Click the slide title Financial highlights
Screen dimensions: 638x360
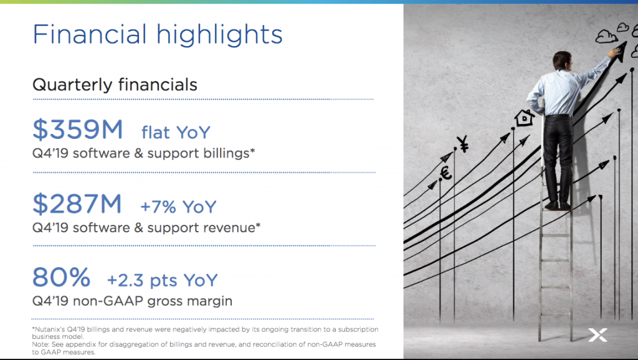[158, 35]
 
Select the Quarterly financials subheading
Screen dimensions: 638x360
[115, 85]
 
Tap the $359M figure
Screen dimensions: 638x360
[77, 130]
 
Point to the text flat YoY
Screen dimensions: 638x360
[176, 133]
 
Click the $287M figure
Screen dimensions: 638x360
[77, 204]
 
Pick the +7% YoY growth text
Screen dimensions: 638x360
[178, 207]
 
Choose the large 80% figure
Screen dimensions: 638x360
[61, 277]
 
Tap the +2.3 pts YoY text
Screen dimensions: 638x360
[163, 280]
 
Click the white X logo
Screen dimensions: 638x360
[598, 335]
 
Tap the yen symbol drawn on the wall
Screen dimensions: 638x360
[463, 144]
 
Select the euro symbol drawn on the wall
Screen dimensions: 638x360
[446, 173]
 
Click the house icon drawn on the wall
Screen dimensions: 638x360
[524, 118]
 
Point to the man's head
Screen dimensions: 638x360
[562, 60]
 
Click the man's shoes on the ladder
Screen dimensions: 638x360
[558, 206]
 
